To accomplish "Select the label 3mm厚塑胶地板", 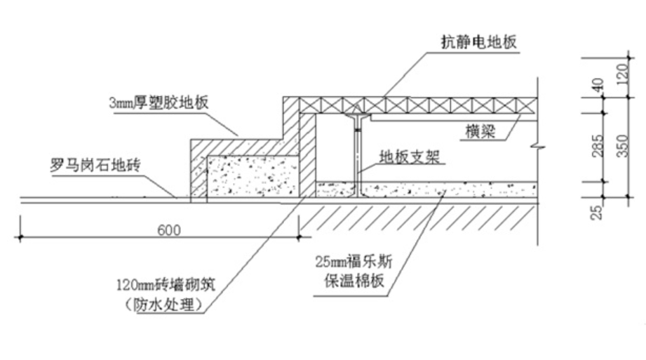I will pos(159,102).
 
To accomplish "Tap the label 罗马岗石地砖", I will pos(96,166).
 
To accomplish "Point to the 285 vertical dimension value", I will pos(598,146).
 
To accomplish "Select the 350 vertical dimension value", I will pos(622,146).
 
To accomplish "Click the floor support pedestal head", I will pos(358,114).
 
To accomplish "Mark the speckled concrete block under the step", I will pos(251,176).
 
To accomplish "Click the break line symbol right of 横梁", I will pos(537,147).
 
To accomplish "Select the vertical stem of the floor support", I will pos(358,158).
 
